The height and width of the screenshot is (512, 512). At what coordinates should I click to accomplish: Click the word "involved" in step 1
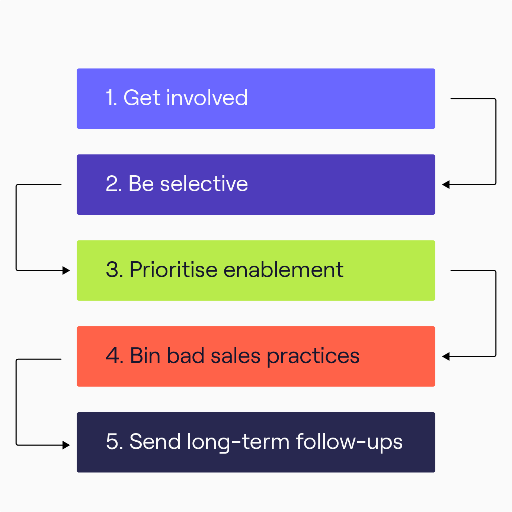[207, 97]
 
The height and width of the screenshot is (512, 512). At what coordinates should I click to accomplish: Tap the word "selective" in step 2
[204, 183]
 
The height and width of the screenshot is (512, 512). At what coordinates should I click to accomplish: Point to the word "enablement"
[284, 270]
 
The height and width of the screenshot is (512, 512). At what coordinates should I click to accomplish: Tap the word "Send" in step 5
[155, 442]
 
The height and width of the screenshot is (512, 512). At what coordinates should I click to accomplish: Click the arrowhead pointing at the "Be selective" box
[446, 185]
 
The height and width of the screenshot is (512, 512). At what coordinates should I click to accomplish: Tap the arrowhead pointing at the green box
[66, 271]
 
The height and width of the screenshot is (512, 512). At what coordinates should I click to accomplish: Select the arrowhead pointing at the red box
[446, 356]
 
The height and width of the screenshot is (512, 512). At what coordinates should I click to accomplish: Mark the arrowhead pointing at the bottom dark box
[66, 445]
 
